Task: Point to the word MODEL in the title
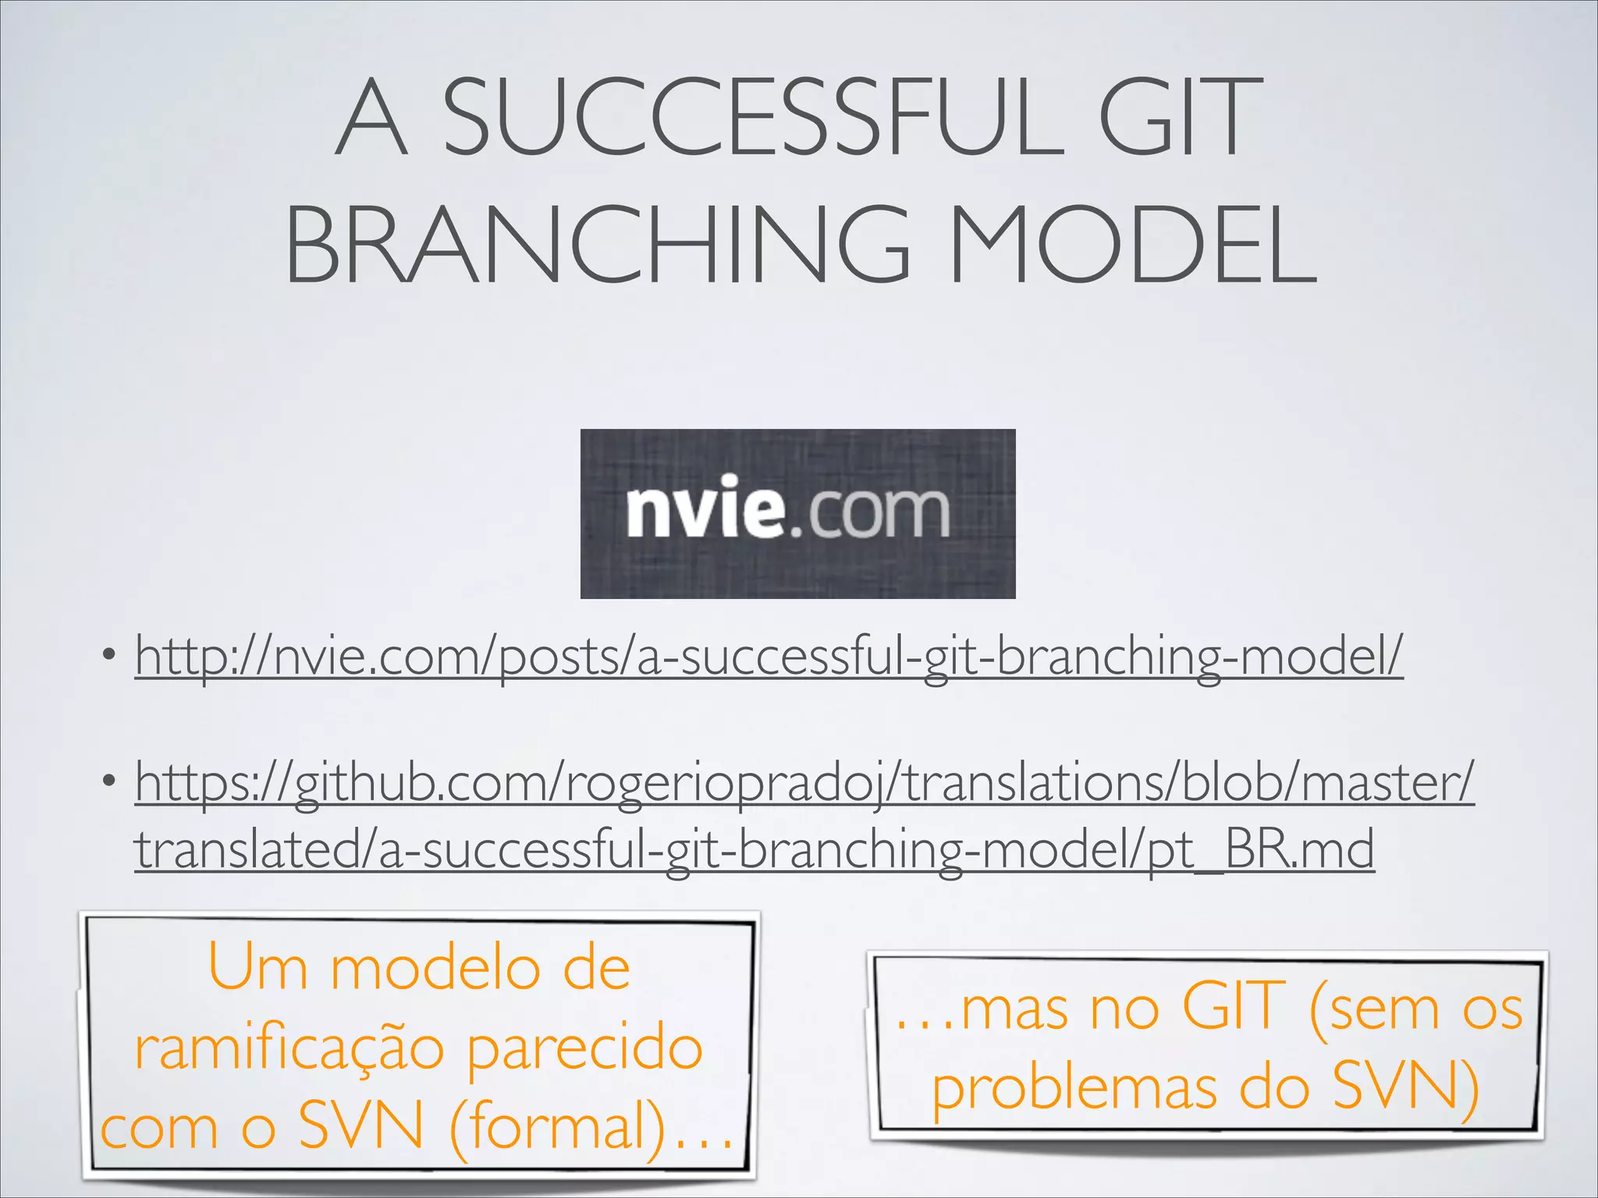[1131, 243]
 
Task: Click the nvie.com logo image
[797, 513]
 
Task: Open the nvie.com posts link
[769, 657]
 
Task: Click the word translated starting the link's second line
[247, 850]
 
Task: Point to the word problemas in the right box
[1074, 1088]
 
